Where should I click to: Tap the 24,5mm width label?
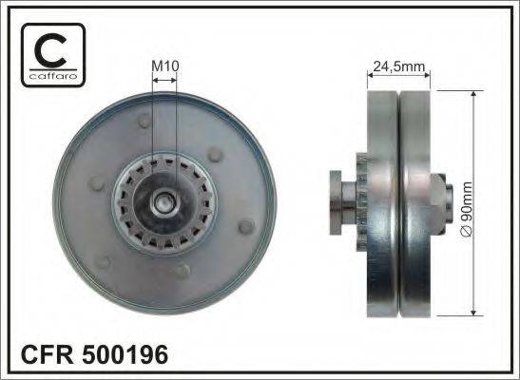click(x=398, y=66)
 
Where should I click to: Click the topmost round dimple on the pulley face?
click(x=144, y=122)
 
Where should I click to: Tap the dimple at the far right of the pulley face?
click(x=246, y=226)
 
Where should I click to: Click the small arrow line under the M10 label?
click(x=164, y=80)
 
